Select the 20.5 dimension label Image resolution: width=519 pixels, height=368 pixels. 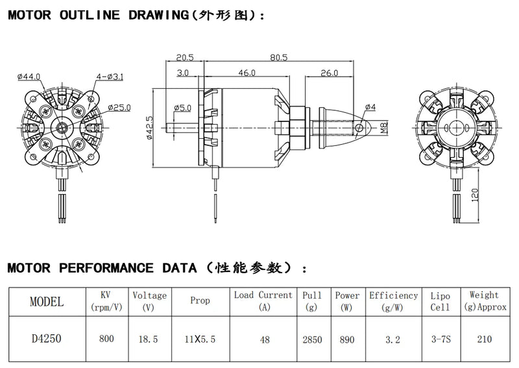185,58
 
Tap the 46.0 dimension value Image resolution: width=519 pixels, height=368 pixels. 247,73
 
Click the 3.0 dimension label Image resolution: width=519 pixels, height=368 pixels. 182,73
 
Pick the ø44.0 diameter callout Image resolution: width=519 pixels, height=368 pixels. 29,77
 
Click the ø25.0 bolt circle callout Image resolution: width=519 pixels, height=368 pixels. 120,107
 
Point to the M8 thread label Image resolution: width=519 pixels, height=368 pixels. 384,129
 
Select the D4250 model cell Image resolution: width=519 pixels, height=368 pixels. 47,338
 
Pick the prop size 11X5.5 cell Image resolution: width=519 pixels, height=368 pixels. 200,338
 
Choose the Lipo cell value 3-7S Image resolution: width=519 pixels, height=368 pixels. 440,338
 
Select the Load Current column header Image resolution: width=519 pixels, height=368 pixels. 263,295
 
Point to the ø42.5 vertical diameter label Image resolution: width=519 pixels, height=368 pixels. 149,128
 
